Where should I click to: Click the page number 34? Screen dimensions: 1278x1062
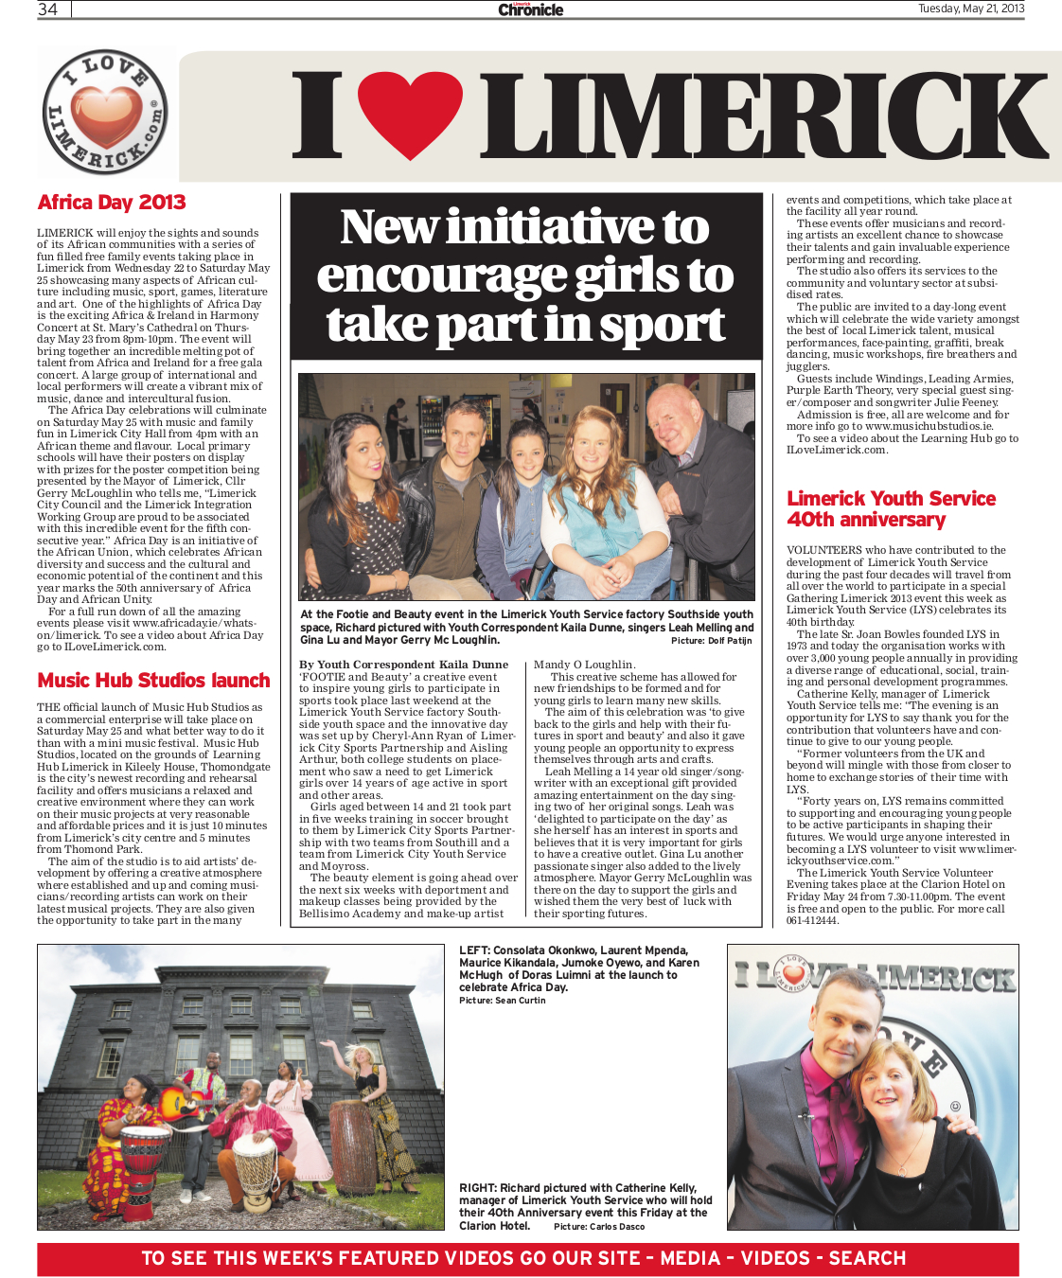(x=47, y=9)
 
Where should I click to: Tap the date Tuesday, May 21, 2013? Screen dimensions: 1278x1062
(x=970, y=9)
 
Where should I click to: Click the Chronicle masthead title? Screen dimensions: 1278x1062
(x=531, y=9)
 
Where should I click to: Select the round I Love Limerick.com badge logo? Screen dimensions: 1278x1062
(x=105, y=114)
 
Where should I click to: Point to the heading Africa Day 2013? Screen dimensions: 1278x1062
(x=112, y=203)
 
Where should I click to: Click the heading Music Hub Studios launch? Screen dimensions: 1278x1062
(x=153, y=681)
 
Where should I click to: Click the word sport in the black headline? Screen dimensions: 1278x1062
(x=663, y=324)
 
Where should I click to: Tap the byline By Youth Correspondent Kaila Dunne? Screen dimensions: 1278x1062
(x=404, y=665)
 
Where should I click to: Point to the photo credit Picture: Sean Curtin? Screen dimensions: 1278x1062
(x=503, y=1001)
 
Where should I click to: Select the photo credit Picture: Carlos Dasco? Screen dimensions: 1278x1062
(x=599, y=1227)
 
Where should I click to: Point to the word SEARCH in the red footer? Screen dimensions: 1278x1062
(x=867, y=1258)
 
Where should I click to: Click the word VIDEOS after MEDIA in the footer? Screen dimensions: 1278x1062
(x=775, y=1258)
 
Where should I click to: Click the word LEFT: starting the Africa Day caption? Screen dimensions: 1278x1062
(x=475, y=950)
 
